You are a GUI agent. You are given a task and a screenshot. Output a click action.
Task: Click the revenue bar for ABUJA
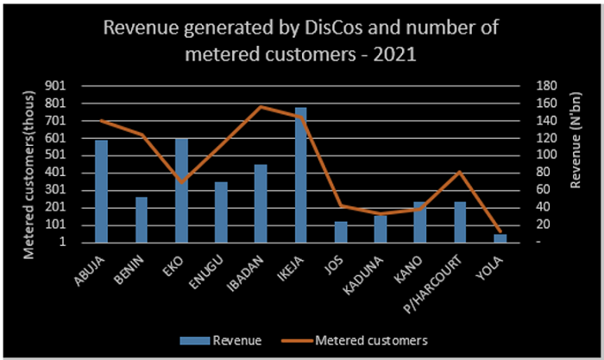coord(101,191)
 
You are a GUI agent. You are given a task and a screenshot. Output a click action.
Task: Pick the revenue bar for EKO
coord(181,190)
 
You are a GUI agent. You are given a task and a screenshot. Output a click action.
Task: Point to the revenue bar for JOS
coord(341,232)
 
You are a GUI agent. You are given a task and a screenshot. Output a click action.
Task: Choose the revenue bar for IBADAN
coord(261,204)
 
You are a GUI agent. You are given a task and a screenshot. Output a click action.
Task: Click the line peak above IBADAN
coord(261,106)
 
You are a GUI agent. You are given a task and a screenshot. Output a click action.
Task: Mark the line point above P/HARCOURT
coord(460,172)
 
